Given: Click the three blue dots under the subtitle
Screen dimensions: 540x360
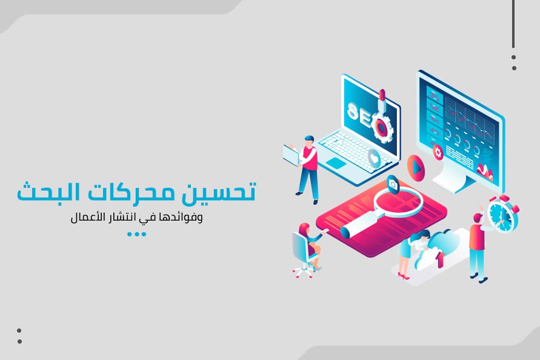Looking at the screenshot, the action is pyautogui.click(x=137, y=235).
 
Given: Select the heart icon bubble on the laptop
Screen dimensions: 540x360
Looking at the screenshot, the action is pyautogui.click(x=374, y=158).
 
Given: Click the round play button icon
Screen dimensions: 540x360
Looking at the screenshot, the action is pyautogui.click(x=416, y=168).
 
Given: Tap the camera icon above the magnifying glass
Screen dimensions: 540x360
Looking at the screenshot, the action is pyautogui.click(x=393, y=185).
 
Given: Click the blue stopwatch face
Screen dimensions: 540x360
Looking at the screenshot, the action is pyautogui.click(x=501, y=215).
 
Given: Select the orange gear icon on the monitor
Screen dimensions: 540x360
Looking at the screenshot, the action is pyautogui.click(x=438, y=152).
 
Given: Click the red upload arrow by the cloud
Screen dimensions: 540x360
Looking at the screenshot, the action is pyautogui.click(x=439, y=260).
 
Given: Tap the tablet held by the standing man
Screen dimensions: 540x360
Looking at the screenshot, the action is pyautogui.click(x=292, y=155).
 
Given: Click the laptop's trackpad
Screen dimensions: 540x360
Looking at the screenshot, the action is pyautogui.click(x=336, y=163).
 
